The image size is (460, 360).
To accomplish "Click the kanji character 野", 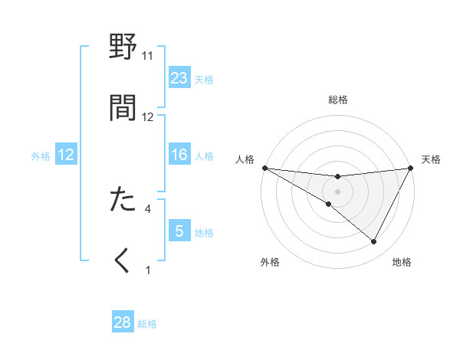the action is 124,47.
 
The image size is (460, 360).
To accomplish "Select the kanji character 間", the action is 124,107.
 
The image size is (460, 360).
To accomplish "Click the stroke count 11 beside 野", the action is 147,56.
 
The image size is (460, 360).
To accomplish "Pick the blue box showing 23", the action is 179,78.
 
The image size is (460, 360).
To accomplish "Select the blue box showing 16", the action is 179,155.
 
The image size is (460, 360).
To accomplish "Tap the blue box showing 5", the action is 179,231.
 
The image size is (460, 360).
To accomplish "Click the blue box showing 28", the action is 123,322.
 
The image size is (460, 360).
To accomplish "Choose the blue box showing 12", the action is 66,155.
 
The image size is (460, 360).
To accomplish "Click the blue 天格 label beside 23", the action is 204,79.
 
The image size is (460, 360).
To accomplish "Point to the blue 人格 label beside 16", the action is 204,155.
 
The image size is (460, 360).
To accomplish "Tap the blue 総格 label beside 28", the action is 147,323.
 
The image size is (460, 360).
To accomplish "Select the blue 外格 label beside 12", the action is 41,155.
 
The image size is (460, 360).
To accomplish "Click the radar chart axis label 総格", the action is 338,100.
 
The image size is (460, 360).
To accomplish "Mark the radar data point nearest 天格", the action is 412,168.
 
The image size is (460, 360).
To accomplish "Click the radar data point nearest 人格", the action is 264,168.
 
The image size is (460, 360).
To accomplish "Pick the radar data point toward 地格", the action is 374,241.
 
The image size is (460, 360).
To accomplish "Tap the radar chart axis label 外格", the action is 270,262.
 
